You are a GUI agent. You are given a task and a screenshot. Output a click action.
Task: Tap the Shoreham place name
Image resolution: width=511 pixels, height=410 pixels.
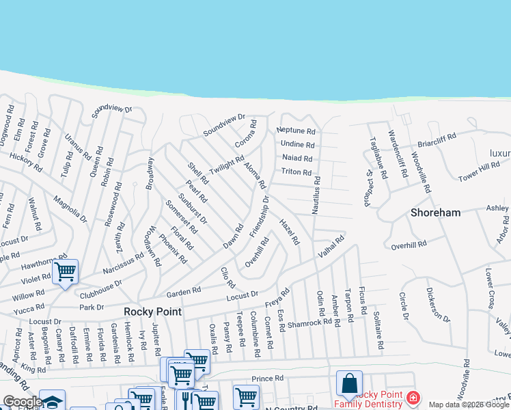(436, 213)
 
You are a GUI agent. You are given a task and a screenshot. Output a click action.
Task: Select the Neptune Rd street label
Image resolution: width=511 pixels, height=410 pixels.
(296, 131)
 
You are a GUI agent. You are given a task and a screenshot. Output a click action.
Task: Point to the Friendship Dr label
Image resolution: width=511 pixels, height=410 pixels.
(260, 217)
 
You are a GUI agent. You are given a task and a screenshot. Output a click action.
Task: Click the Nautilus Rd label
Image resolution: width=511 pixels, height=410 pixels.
(316, 195)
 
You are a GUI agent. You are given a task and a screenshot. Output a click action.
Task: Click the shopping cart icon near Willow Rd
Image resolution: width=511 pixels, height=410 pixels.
(65, 272)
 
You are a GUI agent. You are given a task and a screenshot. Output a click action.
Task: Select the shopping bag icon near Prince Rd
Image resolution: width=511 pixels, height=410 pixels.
(349, 383)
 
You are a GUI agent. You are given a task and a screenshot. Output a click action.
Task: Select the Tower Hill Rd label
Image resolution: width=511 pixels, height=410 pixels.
(479, 171)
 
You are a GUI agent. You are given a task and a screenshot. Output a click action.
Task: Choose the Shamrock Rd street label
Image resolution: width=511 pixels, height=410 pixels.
(315, 323)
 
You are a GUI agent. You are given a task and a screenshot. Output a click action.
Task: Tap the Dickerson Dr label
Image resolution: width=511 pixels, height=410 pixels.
(438, 308)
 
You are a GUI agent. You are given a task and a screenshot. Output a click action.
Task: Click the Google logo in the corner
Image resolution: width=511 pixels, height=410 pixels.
(21, 402)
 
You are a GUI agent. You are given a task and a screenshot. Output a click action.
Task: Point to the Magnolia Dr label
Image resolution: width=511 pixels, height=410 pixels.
(70, 208)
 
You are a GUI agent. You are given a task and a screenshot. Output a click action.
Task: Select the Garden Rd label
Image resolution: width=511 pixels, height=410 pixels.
(183, 291)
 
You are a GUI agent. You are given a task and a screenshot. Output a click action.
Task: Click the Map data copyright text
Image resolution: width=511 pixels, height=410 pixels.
(469, 405)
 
